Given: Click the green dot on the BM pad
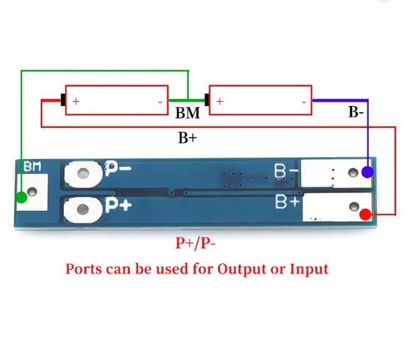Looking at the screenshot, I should (x=21, y=198).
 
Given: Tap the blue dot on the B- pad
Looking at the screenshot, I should (x=368, y=171).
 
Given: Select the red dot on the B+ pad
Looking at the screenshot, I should (x=366, y=214).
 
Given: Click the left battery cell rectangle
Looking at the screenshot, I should (x=117, y=100).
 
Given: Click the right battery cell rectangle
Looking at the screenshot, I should (x=260, y=100).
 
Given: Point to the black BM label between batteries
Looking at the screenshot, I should (x=187, y=114).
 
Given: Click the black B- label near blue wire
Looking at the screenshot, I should (x=355, y=113).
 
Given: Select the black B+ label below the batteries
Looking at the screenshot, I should (x=187, y=138).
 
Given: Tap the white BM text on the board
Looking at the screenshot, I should (x=32, y=167).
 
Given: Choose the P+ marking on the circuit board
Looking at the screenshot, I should (x=118, y=205).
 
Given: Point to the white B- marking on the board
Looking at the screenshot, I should (x=286, y=171).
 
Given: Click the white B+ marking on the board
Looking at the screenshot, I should (x=287, y=202).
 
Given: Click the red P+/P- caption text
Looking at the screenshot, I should (x=196, y=243).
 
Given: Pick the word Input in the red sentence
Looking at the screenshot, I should (x=308, y=270).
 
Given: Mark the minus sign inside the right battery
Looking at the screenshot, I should (x=303, y=101).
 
